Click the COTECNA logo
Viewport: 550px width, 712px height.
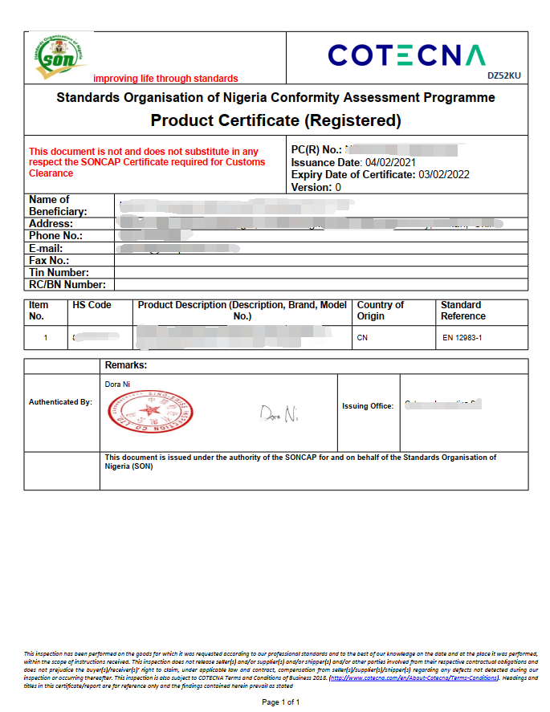click(x=406, y=55)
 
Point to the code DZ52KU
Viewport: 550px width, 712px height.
click(x=504, y=76)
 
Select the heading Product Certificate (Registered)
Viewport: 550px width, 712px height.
click(x=275, y=121)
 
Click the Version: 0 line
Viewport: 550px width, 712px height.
click(x=316, y=187)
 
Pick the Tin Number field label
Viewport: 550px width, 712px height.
click(x=59, y=273)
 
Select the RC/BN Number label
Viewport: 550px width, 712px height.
click(x=67, y=285)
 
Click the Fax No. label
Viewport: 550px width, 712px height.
click(x=49, y=261)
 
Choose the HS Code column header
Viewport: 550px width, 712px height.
click(x=92, y=305)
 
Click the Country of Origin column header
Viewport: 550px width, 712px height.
click(x=381, y=311)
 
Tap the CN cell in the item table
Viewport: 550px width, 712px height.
click(x=362, y=338)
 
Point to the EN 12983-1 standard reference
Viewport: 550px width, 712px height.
click(x=463, y=338)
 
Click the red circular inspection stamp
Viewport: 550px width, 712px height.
click(x=150, y=413)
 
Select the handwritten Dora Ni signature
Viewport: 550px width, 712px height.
click(x=279, y=414)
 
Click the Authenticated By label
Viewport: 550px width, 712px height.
click(x=60, y=401)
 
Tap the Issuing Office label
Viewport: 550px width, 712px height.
click(x=368, y=406)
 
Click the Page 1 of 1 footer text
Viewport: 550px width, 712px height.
click(x=281, y=702)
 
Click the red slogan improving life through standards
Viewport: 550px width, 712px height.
click(x=165, y=79)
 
